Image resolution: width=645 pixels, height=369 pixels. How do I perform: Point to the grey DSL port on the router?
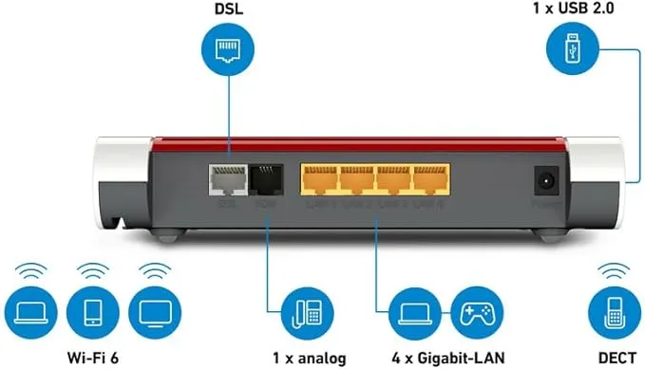[226, 178]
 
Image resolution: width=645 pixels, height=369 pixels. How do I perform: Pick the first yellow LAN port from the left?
[318, 178]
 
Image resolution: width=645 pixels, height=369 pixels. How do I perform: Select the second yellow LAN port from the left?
[356, 178]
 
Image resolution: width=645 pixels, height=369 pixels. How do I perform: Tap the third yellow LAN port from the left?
[393, 178]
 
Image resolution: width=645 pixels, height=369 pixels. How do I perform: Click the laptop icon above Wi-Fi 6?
[28, 312]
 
